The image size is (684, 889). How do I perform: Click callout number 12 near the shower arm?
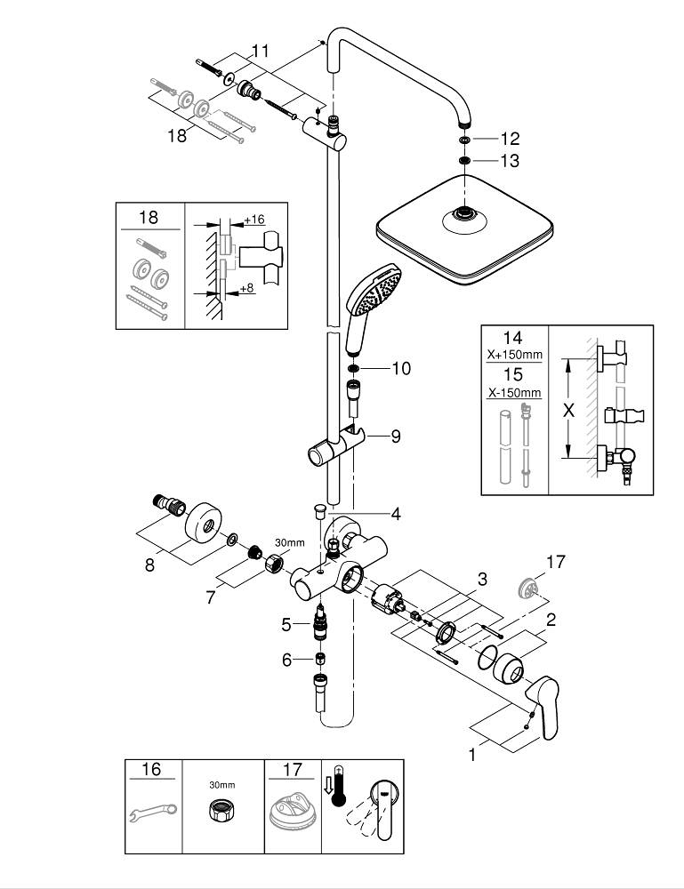(509, 139)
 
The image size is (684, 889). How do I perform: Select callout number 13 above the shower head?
(509, 161)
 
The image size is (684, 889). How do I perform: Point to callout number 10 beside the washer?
(401, 368)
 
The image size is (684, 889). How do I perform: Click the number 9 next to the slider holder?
(396, 436)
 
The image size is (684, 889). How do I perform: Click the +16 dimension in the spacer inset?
(253, 219)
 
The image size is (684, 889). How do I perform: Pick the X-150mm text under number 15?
(514, 392)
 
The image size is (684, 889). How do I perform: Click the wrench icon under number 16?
(153, 810)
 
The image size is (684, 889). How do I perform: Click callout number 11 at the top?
(259, 52)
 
